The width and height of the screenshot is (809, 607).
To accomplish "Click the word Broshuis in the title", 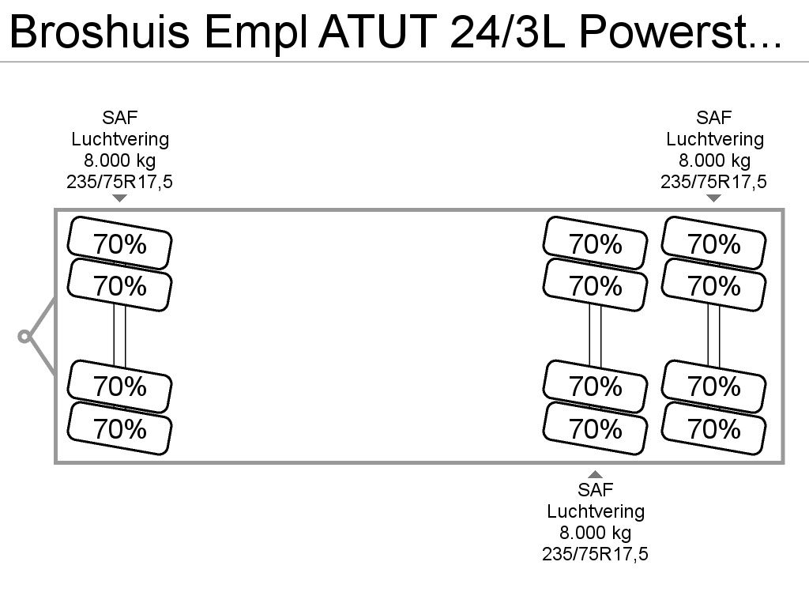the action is click(x=100, y=32).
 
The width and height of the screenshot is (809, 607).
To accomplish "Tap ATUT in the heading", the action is click(x=378, y=32).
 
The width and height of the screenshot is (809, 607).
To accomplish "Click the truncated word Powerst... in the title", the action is click(x=680, y=32).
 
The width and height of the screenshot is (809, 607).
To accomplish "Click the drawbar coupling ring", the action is click(x=24, y=337).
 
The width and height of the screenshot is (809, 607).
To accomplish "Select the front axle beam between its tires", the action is click(x=120, y=336).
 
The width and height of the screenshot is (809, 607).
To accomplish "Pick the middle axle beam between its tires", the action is click(x=596, y=336).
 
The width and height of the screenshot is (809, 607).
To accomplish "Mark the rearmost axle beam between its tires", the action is click(x=714, y=336).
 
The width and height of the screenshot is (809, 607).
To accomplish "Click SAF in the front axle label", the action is click(x=120, y=118).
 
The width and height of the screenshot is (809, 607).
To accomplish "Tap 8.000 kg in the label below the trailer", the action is click(x=596, y=533).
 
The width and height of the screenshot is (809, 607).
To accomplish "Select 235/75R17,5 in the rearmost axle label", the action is click(x=713, y=182).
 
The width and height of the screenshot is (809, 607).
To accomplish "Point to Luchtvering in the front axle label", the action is click(x=120, y=139).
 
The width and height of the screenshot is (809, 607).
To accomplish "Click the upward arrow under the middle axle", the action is click(x=596, y=474).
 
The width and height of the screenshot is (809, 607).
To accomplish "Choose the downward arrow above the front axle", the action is click(x=120, y=198).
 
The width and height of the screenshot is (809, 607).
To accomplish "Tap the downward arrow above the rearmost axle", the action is click(x=713, y=198).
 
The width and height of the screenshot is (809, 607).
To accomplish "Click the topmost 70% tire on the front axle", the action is click(x=120, y=243).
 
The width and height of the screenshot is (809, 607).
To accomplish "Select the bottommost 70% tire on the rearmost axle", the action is click(x=714, y=428).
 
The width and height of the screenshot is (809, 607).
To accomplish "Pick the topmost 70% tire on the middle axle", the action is click(x=596, y=243).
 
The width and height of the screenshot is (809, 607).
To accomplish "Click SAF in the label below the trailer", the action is click(x=596, y=490).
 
